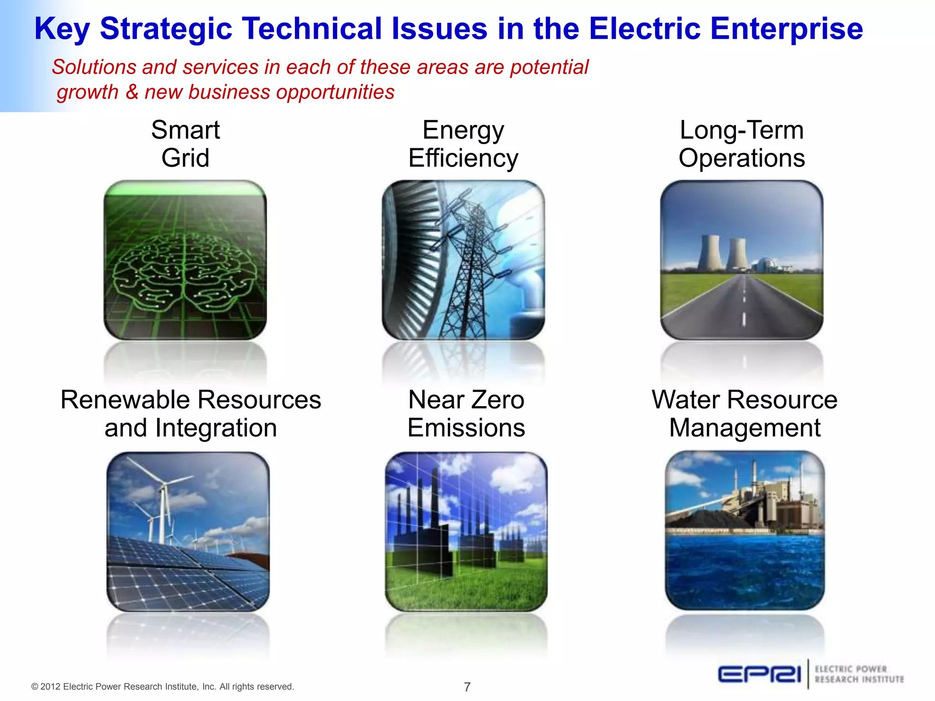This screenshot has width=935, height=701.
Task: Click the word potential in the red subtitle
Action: pyautogui.click(x=549, y=67)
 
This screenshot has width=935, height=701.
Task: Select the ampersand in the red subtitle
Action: pyautogui.click(x=132, y=92)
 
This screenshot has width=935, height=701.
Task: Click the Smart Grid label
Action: pyautogui.click(x=185, y=144)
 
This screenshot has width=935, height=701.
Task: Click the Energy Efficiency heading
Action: pyautogui.click(x=463, y=144)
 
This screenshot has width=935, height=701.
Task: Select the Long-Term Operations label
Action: pyautogui.click(x=741, y=144)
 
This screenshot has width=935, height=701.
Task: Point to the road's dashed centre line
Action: pyautogui.click(x=744, y=306)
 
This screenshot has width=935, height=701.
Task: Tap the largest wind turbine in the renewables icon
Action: pyautogui.click(x=161, y=497)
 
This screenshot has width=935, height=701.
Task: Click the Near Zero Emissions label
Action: pyautogui.click(x=466, y=413)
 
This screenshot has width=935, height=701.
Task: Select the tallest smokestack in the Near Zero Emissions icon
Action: pyautogui.click(x=435, y=497)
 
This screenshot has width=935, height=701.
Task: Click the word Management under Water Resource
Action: pyautogui.click(x=745, y=428)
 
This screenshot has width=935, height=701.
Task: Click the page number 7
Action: pyautogui.click(x=467, y=687)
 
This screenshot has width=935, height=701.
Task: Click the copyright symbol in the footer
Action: pyautogui.click(x=35, y=687)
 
